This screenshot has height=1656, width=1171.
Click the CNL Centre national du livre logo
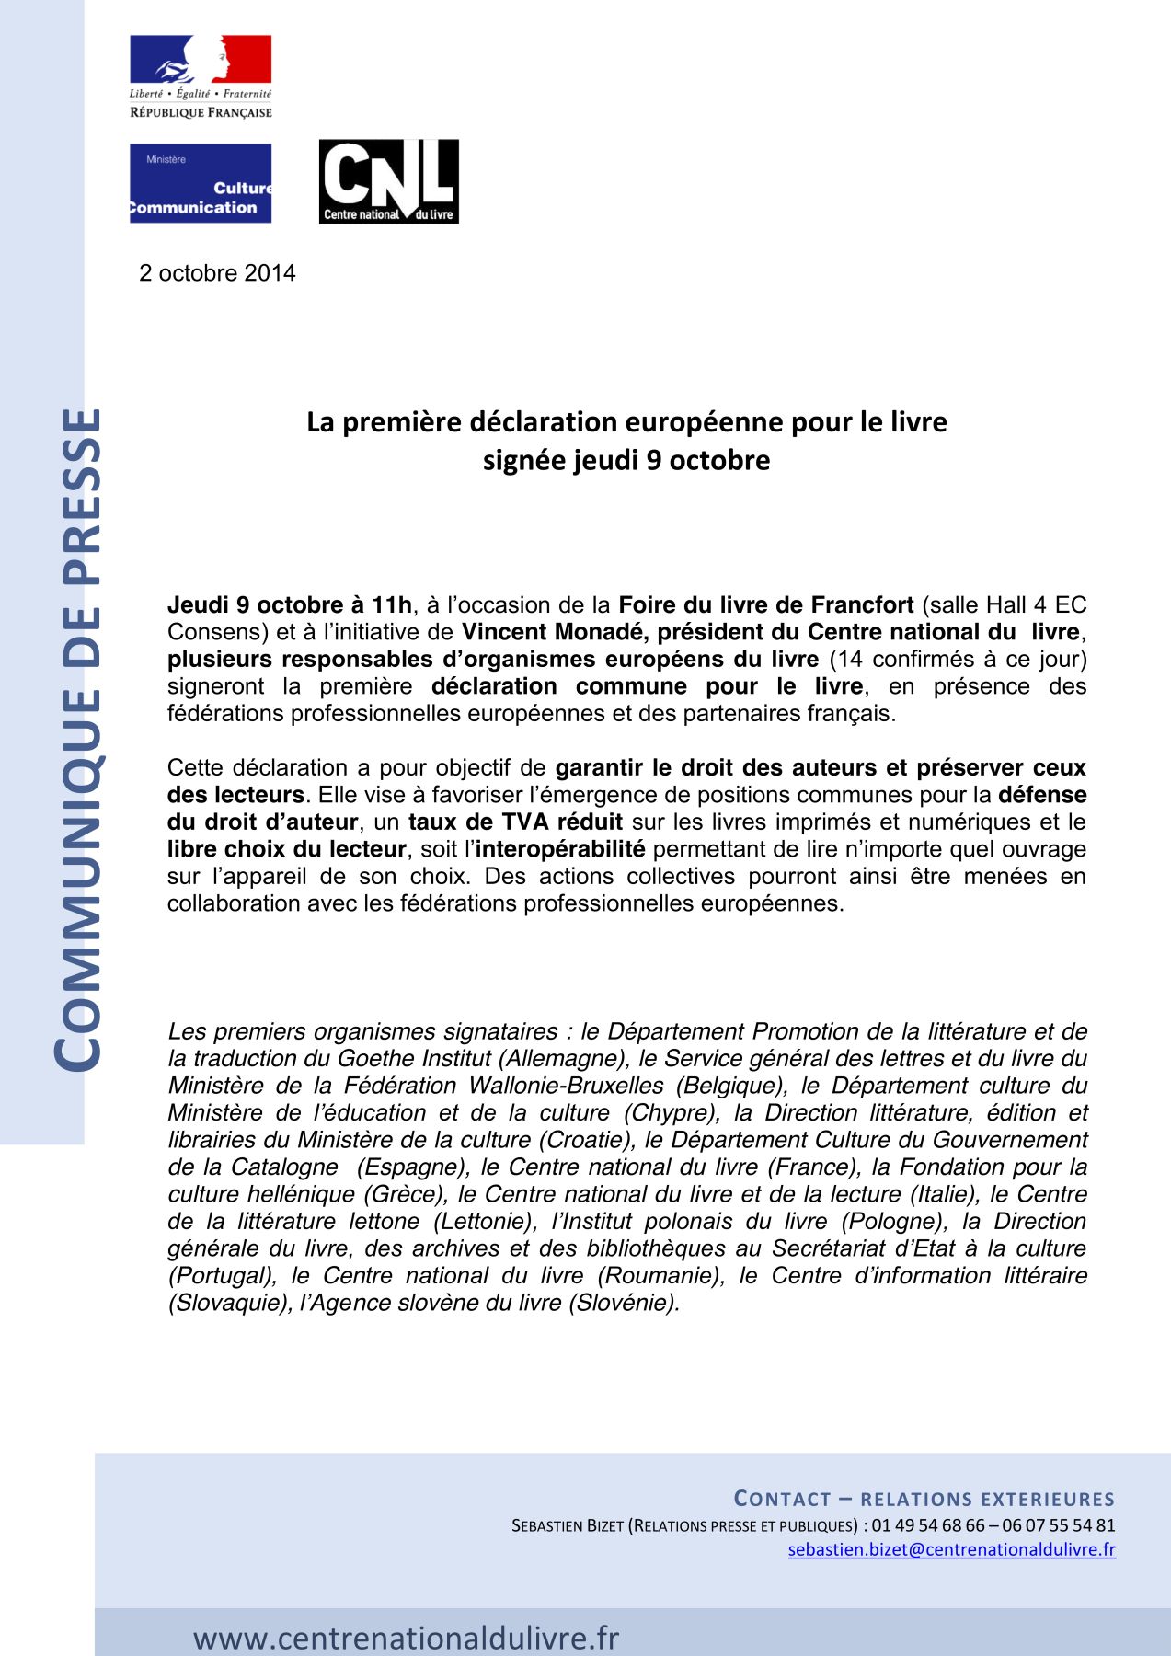pyautogui.click(x=388, y=181)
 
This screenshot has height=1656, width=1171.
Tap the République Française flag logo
pyautogui.click(x=201, y=76)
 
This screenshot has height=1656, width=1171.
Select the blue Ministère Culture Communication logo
pyautogui.click(x=201, y=183)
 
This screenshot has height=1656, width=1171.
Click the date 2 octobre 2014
pyautogui.click(x=217, y=273)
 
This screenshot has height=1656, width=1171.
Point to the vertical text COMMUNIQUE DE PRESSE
pyautogui.click(x=75, y=741)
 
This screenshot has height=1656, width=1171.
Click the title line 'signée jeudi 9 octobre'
pyautogui.click(x=626, y=460)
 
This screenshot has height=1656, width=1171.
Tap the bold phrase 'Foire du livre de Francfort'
pyautogui.click(x=765, y=605)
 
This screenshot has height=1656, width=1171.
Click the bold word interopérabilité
pyautogui.click(x=560, y=848)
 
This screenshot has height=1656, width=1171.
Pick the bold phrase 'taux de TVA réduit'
pyautogui.click(x=515, y=822)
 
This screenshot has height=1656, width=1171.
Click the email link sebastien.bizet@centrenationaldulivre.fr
pyautogui.click(x=951, y=1549)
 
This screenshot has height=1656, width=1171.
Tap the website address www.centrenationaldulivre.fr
pyautogui.click(x=406, y=1638)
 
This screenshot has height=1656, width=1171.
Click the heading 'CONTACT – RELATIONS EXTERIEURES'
pyautogui.click(x=924, y=1499)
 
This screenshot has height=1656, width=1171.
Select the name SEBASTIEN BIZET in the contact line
pyautogui.click(x=567, y=1525)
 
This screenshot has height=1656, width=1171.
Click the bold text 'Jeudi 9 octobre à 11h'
pyautogui.click(x=290, y=605)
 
